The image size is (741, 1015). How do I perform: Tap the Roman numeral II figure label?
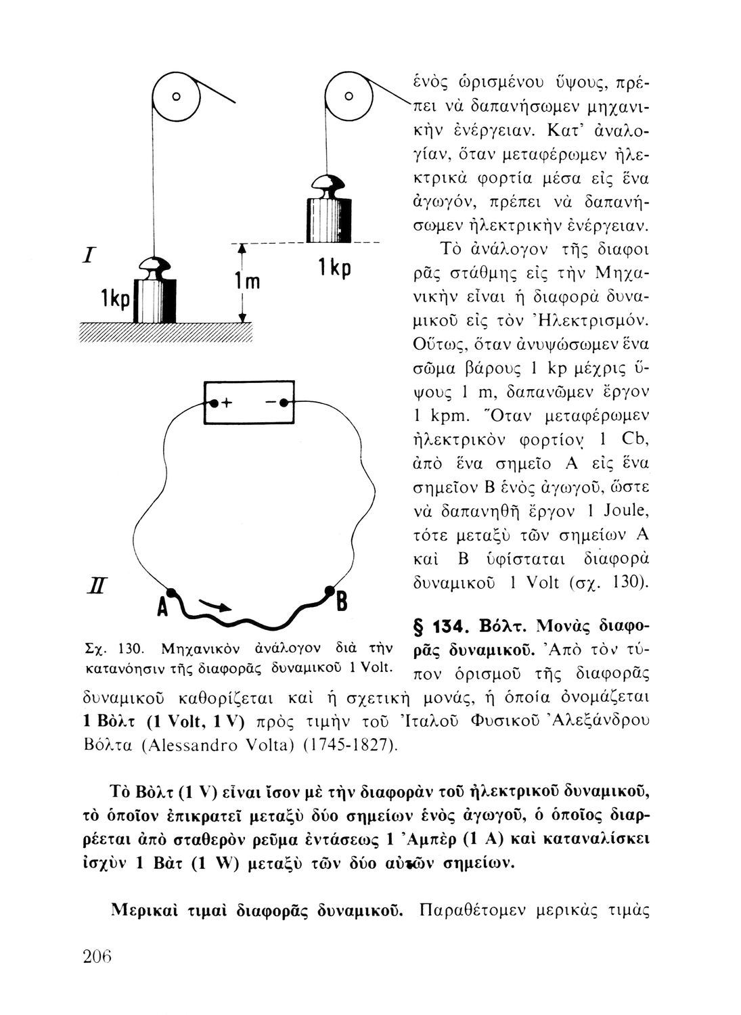click(93, 583)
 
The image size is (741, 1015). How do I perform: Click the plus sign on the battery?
click(227, 404)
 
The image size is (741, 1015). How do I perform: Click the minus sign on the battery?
click(271, 404)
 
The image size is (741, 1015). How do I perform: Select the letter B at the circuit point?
click(342, 600)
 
